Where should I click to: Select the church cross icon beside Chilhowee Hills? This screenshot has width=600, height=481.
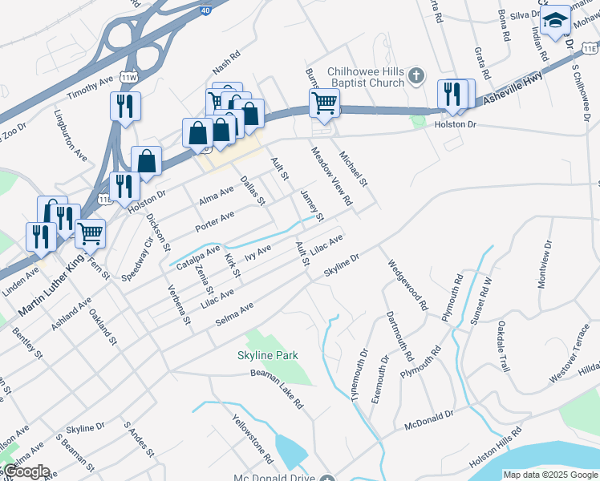(x=416, y=75)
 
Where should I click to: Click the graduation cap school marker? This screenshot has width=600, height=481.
(x=554, y=22)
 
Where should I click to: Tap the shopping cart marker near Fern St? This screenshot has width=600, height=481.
(x=90, y=233)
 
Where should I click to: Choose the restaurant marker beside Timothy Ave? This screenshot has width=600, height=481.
(x=124, y=106)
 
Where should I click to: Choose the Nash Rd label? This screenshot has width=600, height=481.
(x=226, y=62)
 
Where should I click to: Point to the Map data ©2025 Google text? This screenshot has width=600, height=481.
(x=550, y=475)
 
